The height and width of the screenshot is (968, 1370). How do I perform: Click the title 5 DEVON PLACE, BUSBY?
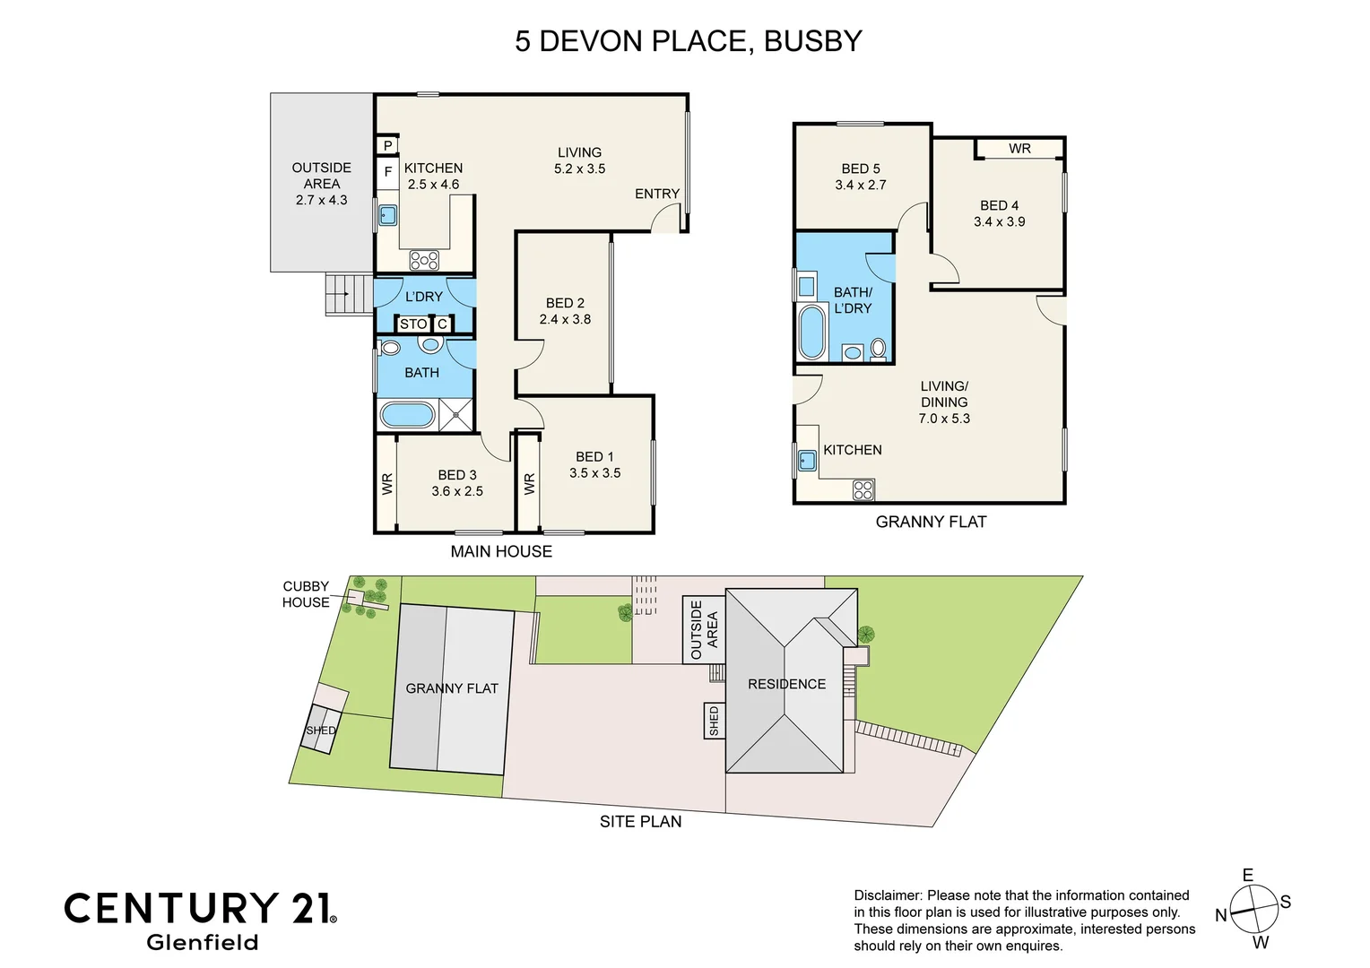point(688,41)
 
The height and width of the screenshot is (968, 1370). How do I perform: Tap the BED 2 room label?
point(565,303)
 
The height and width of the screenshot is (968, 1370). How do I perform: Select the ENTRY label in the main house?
point(657,194)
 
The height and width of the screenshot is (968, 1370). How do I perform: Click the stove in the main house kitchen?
point(424,260)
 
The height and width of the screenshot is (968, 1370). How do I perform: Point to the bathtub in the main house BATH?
point(407,415)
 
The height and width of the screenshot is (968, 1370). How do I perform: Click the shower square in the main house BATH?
point(455,415)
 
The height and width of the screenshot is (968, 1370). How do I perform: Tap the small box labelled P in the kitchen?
point(388,145)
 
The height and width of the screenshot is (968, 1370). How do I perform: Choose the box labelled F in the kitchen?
point(388,172)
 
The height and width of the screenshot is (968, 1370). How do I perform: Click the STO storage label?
point(413,324)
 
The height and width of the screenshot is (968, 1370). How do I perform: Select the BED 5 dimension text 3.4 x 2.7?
point(860,185)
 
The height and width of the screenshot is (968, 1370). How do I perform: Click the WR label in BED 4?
point(1019,149)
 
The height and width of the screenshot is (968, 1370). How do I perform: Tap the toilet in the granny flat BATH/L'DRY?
point(878,348)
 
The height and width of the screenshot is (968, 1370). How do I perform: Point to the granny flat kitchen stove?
point(863,489)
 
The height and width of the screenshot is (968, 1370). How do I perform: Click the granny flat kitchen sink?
point(807,461)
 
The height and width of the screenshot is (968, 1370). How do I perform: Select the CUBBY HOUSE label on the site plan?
point(306,594)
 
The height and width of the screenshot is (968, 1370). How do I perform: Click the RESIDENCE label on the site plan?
point(786,684)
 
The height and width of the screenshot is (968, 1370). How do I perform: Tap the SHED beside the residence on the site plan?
point(715,721)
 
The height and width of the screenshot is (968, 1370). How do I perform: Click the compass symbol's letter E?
point(1247,875)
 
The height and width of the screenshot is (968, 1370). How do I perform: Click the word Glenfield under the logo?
point(202,942)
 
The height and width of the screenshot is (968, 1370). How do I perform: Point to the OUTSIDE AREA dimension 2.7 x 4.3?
point(321,200)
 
